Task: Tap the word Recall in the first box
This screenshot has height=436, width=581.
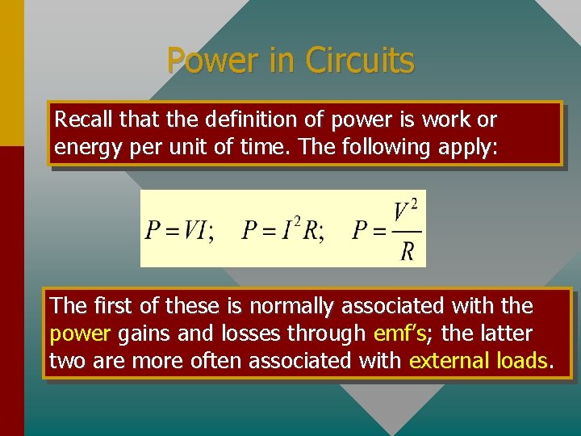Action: (x=83, y=120)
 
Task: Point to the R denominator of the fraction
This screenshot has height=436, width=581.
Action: (x=408, y=251)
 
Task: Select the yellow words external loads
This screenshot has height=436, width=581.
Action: (x=479, y=360)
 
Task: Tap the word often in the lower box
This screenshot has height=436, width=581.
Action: (x=216, y=360)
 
